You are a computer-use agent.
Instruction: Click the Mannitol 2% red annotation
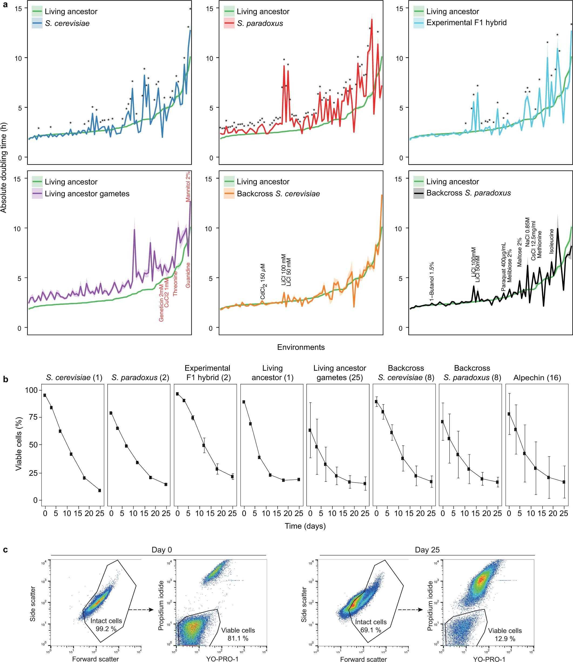pos(188,186)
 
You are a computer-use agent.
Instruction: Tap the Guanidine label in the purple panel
pos(188,275)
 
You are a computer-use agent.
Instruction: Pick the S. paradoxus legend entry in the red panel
pos(260,23)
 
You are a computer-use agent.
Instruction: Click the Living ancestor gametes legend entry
pos(87,193)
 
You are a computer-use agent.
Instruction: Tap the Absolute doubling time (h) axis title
pos(4,168)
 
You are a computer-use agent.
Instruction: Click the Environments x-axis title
pos(301,347)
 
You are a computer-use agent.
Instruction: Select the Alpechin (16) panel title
pos(537,377)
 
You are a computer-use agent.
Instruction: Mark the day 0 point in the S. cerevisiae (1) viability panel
pos(45,395)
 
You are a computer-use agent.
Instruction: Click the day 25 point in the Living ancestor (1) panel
pos(299,479)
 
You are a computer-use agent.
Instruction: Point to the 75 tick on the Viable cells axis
pos(33,417)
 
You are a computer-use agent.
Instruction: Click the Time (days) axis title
pos(305,526)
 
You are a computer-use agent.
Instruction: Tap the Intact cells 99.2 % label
pos(106,624)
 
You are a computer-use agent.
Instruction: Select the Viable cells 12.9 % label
pos(505,634)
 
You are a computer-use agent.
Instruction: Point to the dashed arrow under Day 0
pos(141,610)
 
